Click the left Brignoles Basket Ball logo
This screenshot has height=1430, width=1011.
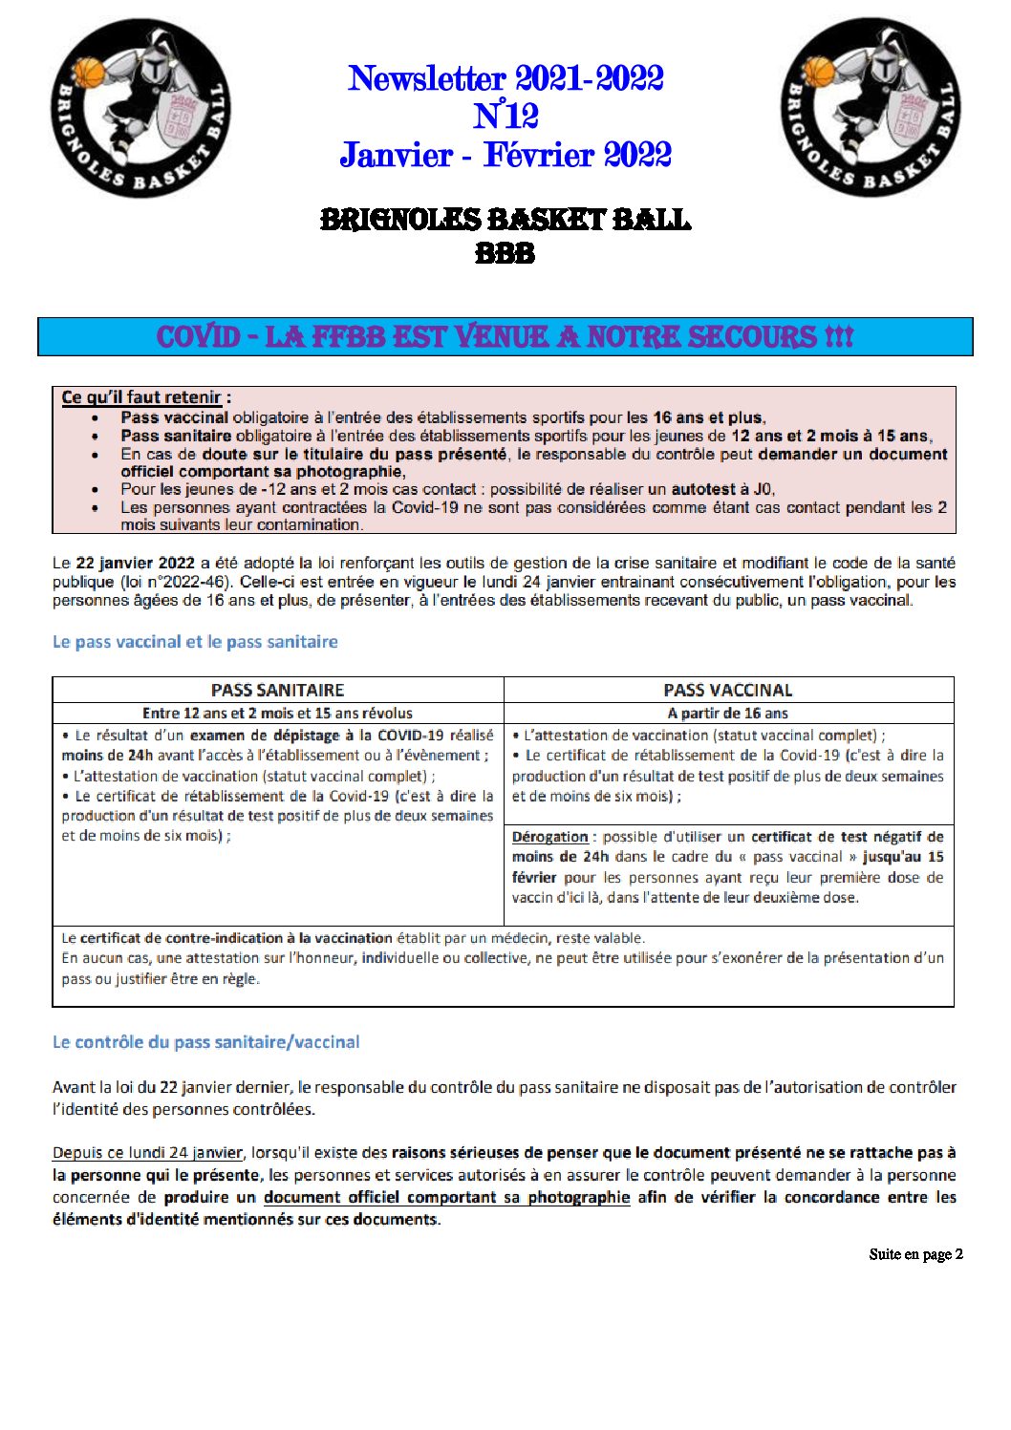pyautogui.click(x=140, y=109)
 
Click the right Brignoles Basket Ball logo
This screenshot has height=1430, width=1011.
pyautogui.click(x=870, y=108)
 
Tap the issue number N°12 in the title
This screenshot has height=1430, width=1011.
pyautogui.click(x=505, y=117)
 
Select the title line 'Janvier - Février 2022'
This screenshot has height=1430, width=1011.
pyautogui.click(x=505, y=155)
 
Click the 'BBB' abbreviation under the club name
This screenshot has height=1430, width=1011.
pyautogui.click(x=505, y=254)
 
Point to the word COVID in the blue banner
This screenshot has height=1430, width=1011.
pyautogui.click(x=198, y=337)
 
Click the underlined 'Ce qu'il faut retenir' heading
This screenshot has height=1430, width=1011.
pyautogui.click(x=141, y=397)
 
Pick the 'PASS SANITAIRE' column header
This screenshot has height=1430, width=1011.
pyautogui.click(x=277, y=690)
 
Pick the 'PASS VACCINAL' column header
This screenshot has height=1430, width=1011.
pyautogui.click(x=727, y=690)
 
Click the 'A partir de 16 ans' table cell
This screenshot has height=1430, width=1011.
pyautogui.click(x=727, y=713)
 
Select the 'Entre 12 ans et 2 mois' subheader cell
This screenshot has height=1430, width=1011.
pyautogui.click(x=277, y=713)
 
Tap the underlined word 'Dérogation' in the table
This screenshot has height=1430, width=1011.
pyautogui.click(x=549, y=837)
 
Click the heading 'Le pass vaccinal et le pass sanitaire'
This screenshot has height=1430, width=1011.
pyautogui.click(x=195, y=642)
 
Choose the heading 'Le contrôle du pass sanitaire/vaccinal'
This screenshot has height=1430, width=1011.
pyautogui.click(x=205, y=1042)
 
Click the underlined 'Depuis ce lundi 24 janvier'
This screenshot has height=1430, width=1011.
pyautogui.click(x=147, y=1153)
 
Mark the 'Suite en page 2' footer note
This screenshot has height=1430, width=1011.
pyautogui.click(x=915, y=1254)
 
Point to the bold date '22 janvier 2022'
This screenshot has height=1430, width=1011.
pyautogui.click(x=135, y=564)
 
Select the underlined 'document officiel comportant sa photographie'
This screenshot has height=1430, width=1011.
pyautogui.click(x=446, y=1198)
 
